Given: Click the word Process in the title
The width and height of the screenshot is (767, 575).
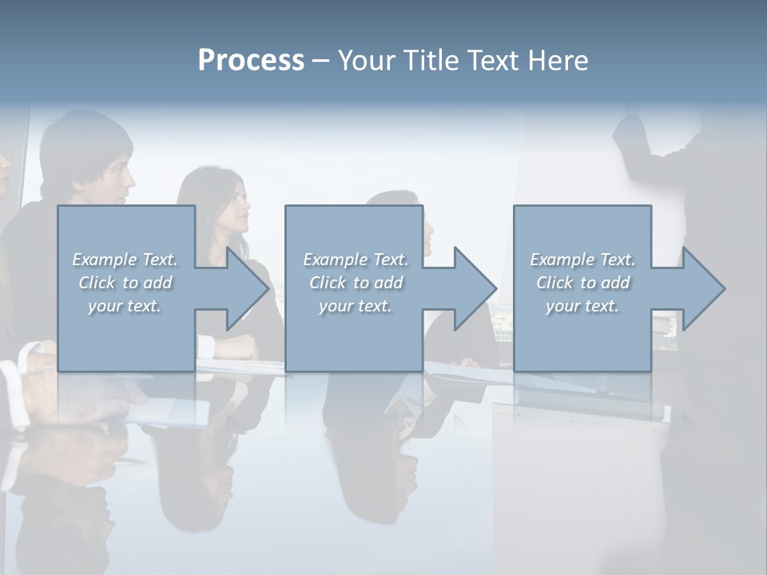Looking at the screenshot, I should [251, 61].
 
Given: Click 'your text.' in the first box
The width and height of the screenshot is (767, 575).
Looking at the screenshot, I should [125, 305].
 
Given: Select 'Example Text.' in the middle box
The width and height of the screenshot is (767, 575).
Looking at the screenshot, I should [356, 260].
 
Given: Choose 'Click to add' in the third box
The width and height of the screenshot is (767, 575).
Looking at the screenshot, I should [582, 283].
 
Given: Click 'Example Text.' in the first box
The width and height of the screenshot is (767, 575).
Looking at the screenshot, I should [125, 260].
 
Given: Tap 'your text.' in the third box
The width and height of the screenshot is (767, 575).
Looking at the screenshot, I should [582, 305].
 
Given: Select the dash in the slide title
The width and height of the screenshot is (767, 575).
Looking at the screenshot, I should [320, 61].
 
